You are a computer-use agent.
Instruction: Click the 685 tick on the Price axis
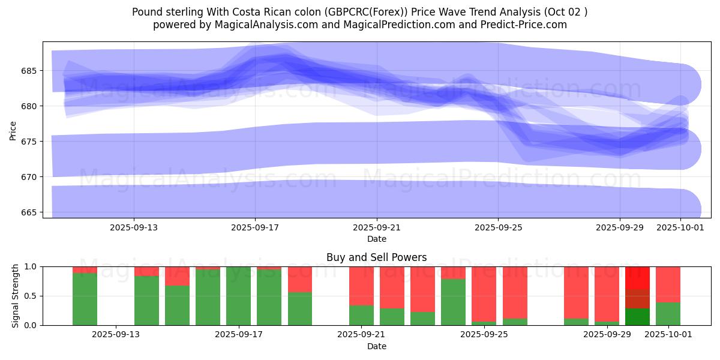(x=30, y=71)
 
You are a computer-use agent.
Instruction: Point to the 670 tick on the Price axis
(x=30, y=177)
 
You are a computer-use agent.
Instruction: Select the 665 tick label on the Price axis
(x=30, y=212)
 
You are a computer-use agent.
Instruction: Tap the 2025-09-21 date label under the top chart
(x=377, y=227)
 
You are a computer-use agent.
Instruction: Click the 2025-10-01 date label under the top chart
(x=680, y=227)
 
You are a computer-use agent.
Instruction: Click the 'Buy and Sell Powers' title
(x=376, y=257)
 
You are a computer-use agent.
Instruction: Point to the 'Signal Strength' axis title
(x=16, y=296)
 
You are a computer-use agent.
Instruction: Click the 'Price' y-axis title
(x=13, y=130)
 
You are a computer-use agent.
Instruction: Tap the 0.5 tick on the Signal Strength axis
(x=29, y=296)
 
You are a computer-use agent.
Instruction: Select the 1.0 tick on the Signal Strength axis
(x=29, y=266)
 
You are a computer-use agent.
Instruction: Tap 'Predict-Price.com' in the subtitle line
(x=524, y=25)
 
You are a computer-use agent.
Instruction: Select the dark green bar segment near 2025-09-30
(x=637, y=317)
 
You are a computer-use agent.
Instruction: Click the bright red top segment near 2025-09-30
(x=637, y=277)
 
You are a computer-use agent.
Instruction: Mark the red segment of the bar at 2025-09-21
(x=361, y=286)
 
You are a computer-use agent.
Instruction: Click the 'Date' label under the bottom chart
(x=376, y=346)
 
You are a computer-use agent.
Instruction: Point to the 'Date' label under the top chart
(x=376, y=239)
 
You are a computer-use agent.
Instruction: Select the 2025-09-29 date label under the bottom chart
(x=607, y=334)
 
